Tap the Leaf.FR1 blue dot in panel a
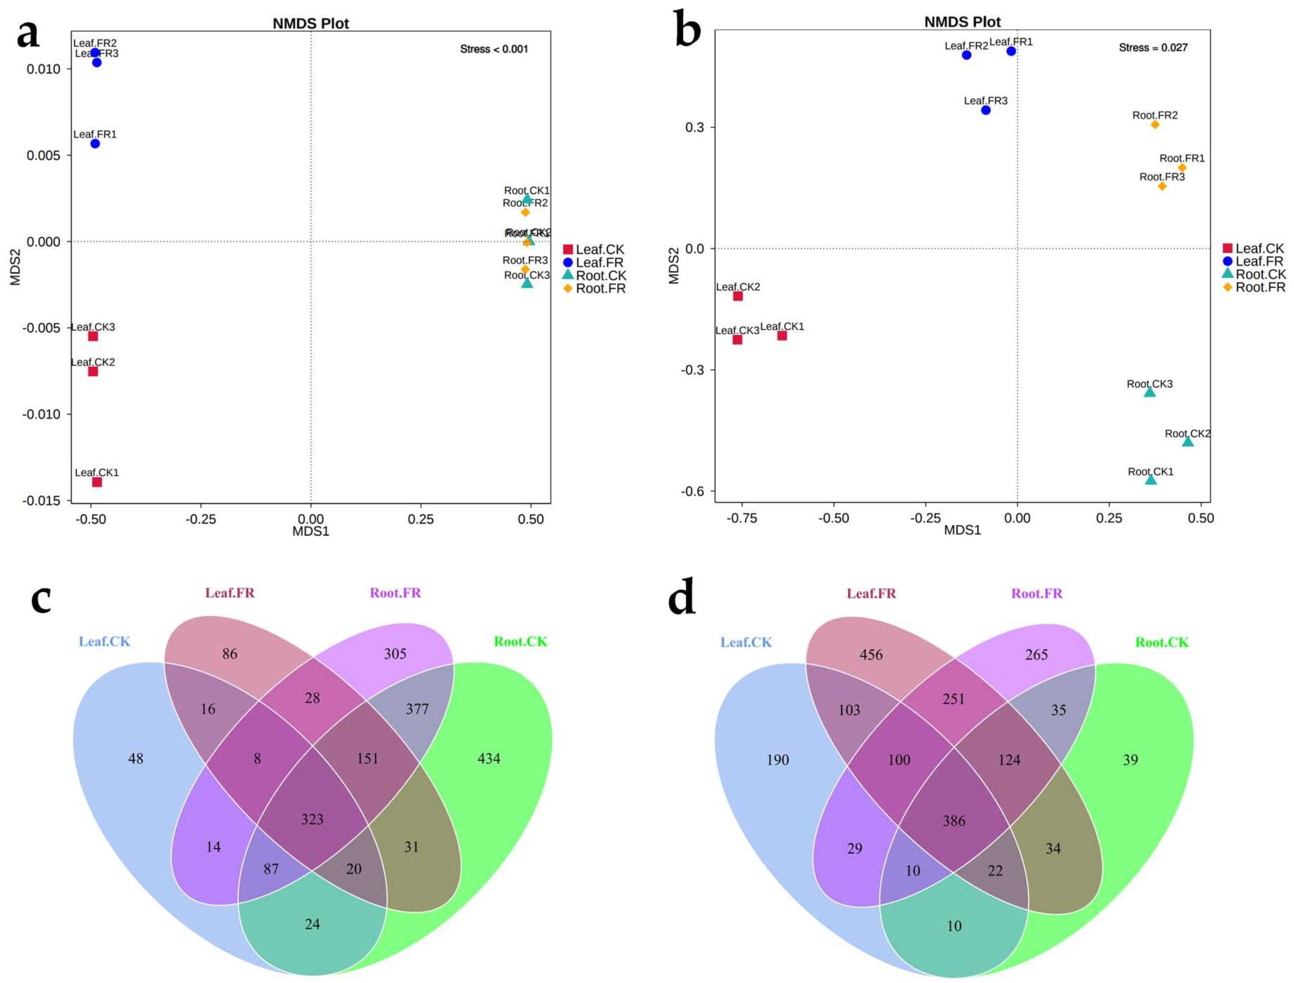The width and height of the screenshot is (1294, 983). tap(95, 143)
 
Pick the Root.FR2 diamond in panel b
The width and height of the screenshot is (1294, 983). tap(1155, 125)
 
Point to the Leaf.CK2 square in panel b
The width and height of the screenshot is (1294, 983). tap(738, 296)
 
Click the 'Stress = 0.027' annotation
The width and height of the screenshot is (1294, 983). tap(1153, 47)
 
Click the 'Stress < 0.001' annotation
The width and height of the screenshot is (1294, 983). tap(494, 49)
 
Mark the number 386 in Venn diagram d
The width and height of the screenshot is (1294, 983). tap(954, 821)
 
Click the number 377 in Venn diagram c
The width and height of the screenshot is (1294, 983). tap(417, 709)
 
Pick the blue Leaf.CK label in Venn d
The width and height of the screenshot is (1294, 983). tap(746, 642)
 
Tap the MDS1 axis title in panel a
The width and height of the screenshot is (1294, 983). tap(311, 531)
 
